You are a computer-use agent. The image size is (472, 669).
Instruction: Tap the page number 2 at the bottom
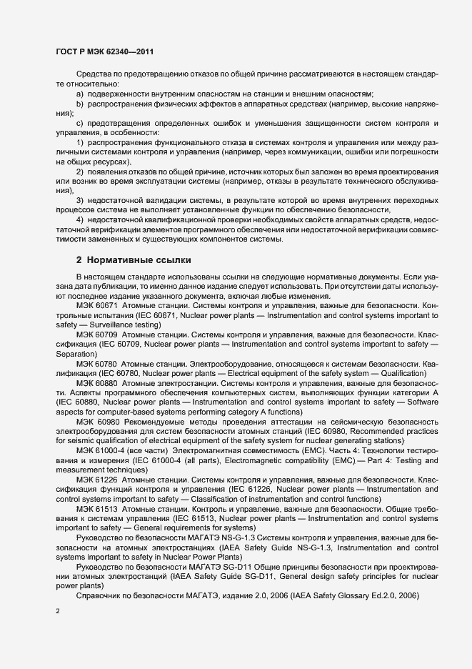tap(58, 611)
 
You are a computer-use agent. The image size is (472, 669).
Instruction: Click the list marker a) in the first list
tap(80, 94)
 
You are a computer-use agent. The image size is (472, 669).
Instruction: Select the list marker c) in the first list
tap(80, 124)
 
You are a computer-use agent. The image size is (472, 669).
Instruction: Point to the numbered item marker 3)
tap(81, 201)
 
